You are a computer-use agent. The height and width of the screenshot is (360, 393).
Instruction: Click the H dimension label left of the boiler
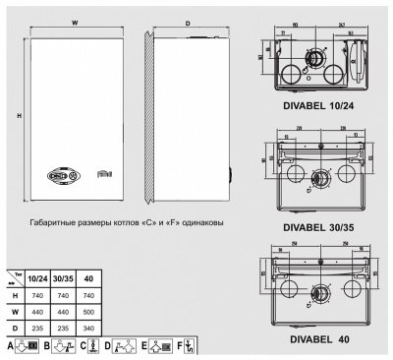(20, 116)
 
